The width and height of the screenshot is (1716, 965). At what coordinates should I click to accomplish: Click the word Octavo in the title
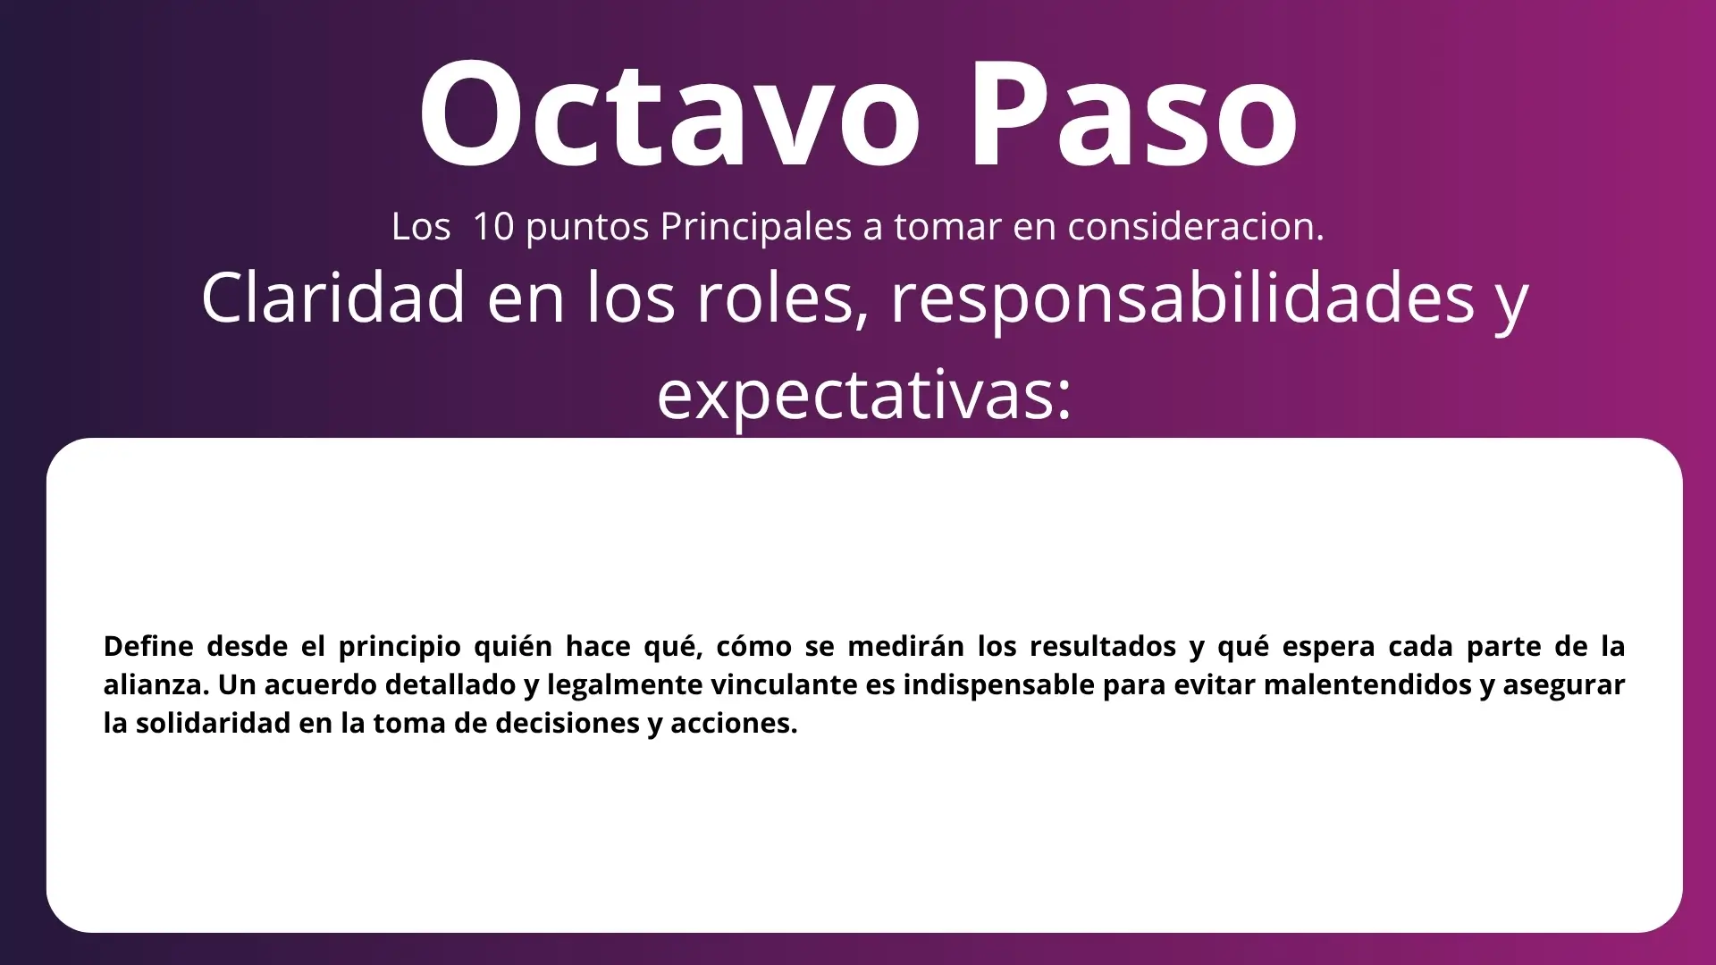point(669,113)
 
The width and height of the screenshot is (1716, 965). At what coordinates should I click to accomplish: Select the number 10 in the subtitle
point(493,227)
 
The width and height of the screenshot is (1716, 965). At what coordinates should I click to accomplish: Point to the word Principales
point(756,227)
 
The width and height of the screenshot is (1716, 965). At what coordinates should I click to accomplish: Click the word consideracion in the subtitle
point(1196,227)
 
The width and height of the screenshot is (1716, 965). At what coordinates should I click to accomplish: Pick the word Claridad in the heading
point(333,298)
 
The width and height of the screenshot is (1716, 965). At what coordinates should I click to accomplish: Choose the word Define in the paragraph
point(148,646)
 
